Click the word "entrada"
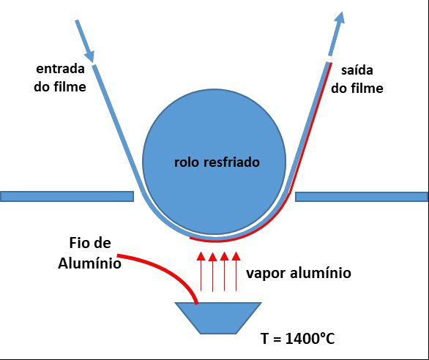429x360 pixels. coord(60,69)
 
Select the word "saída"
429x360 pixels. coord(357,70)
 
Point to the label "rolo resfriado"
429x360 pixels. coord(217,162)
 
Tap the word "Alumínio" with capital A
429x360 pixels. coord(90,263)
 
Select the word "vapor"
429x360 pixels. coord(266,274)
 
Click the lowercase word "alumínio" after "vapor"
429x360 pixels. coord(321,273)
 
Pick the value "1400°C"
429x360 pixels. coord(310,339)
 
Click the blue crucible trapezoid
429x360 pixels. coord(218,318)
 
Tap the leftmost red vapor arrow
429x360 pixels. coord(201,271)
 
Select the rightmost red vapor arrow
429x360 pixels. coord(236,271)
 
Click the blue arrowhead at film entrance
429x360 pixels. coord(90,56)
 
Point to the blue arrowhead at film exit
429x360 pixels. coord(340,18)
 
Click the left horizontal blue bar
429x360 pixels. coord(67,196)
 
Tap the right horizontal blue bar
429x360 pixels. coord(362,197)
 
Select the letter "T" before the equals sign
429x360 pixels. coord(264,339)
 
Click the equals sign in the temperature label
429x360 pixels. coord(277,340)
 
